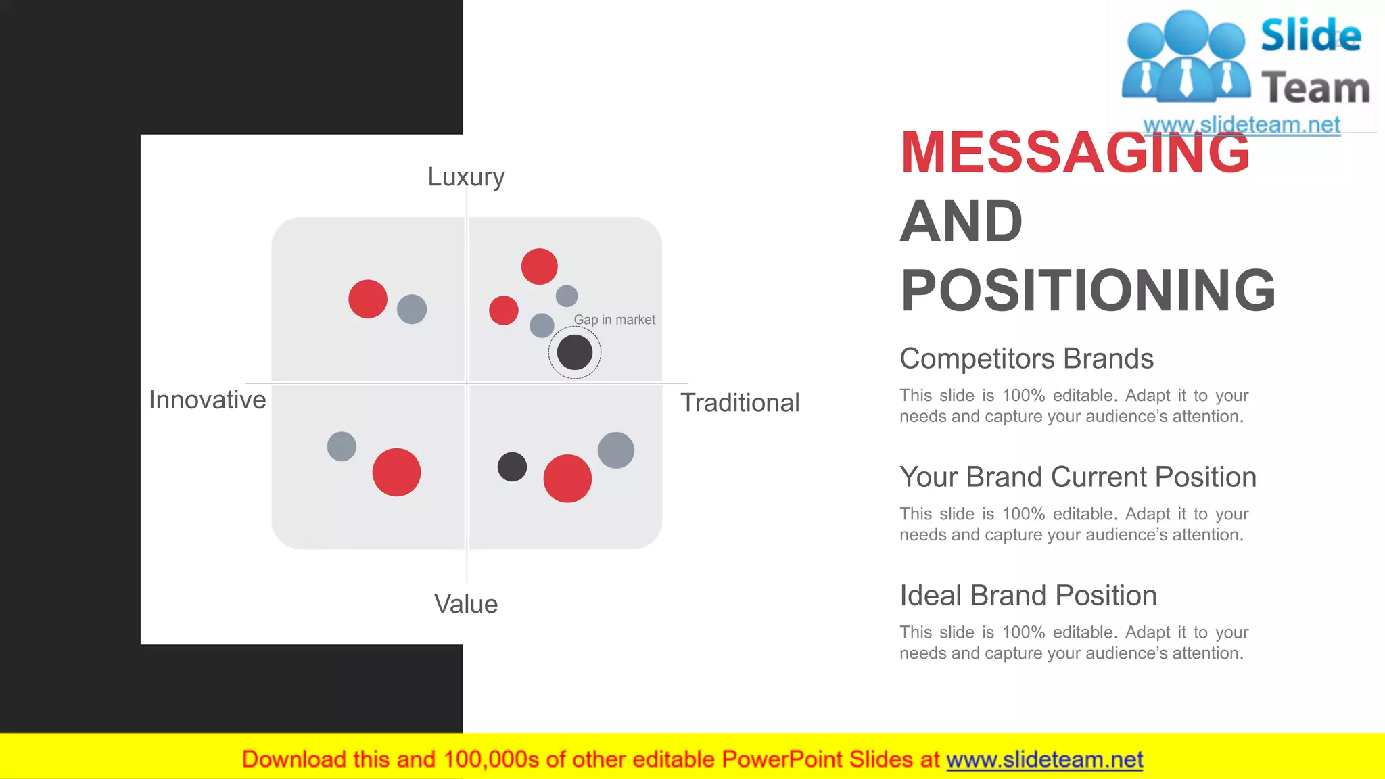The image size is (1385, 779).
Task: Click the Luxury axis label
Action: click(466, 176)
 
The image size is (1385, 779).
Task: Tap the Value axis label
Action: click(466, 604)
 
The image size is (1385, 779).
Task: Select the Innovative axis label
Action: click(207, 400)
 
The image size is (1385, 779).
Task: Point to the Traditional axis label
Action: click(740, 402)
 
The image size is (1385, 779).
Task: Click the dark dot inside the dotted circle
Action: click(575, 352)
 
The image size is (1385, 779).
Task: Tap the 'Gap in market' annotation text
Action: click(614, 320)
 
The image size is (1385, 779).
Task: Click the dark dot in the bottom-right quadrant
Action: click(512, 467)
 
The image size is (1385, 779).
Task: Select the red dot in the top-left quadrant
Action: click(368, 299)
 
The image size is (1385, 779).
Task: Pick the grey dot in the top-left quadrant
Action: click(412, 309)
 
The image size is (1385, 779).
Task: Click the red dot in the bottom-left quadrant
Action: click(396, 472)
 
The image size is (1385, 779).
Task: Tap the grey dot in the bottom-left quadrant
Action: click(342, 446)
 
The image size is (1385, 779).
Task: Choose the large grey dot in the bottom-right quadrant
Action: click(616, 450)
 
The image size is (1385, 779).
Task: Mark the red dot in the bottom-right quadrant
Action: click(567, 478)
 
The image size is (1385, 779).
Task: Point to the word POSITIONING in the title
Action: click(1088, 290)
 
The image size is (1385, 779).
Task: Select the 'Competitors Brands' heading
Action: click(1027, 358)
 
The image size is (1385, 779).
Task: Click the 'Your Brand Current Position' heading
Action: click(1078, 477)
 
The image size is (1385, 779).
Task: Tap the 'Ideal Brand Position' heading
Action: click(1028, 595)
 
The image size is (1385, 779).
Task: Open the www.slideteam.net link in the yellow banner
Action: click(1044, 759)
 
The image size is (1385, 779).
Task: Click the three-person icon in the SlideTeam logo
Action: click(1186, 57)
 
